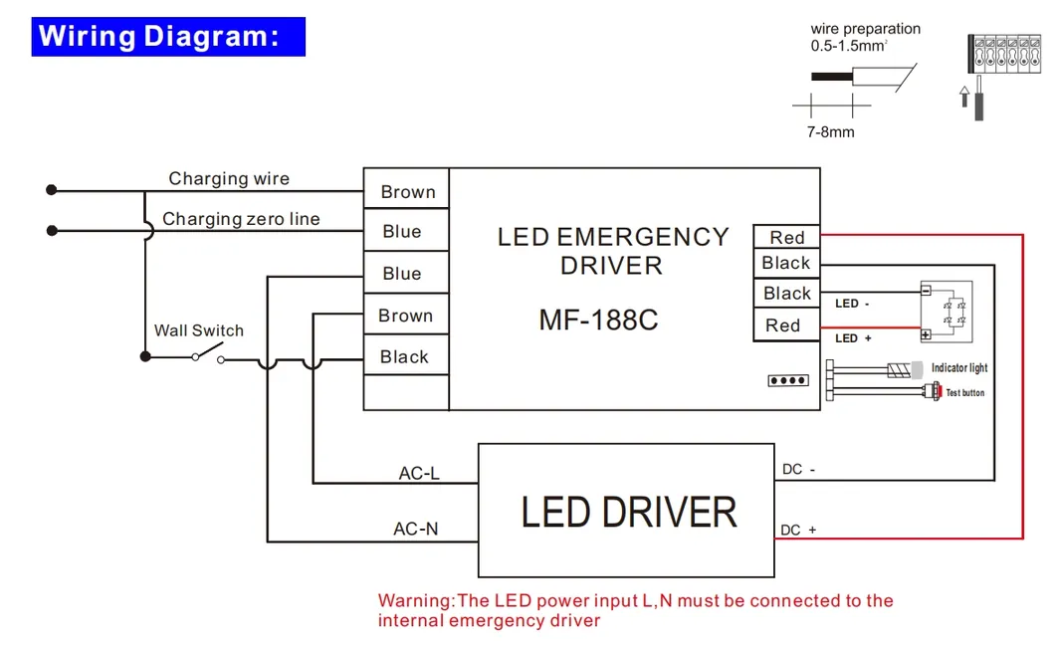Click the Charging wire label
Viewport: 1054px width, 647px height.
(229, 179)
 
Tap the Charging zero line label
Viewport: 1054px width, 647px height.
(241, 219)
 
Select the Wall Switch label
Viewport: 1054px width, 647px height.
(198, 330)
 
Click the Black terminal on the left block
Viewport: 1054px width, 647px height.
(404, 356)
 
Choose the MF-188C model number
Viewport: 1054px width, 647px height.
(598, 321)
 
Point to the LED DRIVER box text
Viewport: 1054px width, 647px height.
(628, 512)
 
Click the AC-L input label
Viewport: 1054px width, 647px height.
(419, 473)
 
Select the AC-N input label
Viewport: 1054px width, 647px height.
(416, 529)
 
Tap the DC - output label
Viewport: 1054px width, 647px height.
(799, 469)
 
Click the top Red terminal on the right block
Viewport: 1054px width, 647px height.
(786, 237)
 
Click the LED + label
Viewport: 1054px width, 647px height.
(853, 338)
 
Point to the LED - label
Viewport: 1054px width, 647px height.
(853, 304)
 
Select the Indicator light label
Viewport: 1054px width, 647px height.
(958, 368)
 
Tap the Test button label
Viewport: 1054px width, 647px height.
(964, 393)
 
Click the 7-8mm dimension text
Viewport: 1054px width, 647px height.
(830, 131)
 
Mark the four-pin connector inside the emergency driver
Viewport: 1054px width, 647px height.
(787, 380)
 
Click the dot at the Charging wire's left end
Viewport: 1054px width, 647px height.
(52, 189)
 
